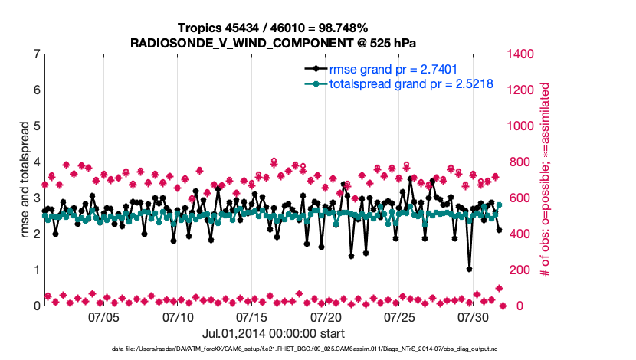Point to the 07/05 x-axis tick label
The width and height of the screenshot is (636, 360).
[x=105, y=316]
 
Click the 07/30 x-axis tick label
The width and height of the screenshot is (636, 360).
[x=474, y=316]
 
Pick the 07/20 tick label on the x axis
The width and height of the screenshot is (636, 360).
[x=326, y=316]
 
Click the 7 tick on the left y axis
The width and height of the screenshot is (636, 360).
[x=36, y=54]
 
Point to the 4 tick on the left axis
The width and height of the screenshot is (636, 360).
[x=36, y=162]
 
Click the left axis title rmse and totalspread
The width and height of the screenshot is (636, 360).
[x=24, y=180]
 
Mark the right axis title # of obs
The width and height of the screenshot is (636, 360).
[x=545, y=180]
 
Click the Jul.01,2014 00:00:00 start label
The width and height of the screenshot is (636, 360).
[x=274, y=333]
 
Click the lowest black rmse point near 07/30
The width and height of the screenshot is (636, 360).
[x=469, y=270]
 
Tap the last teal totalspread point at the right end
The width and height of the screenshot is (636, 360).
[x=499, y=205]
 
